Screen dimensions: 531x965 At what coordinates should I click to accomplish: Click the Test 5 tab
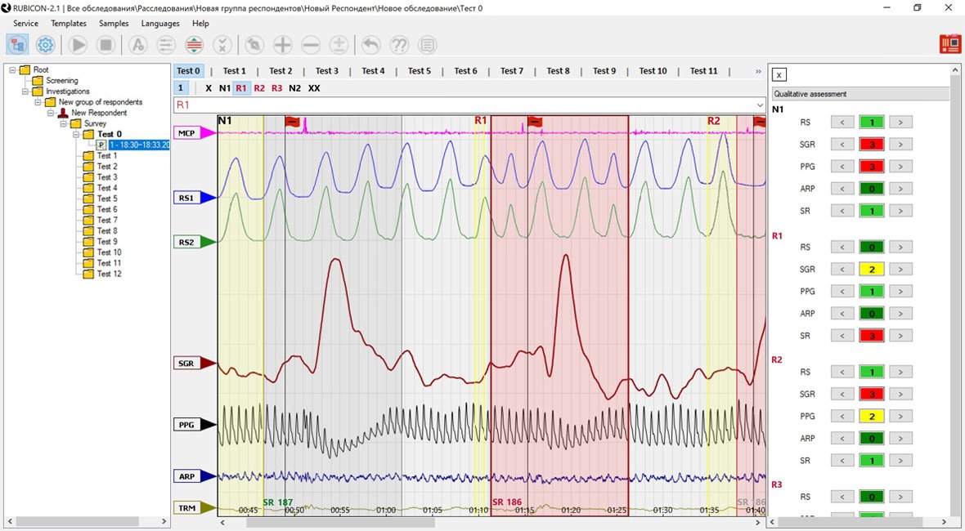click(x=419, y=71)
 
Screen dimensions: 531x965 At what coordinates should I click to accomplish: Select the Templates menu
click(x=69, y=24)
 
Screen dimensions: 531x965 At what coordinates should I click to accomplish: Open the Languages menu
click(x=160, y=24)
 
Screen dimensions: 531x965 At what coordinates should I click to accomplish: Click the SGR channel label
click(x=187, y=364)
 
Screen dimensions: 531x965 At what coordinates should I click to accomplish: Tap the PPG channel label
click(x=187, y=425)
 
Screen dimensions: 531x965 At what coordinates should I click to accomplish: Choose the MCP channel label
click(x=187, y=132)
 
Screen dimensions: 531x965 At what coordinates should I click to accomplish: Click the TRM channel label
click(x=187, y=508)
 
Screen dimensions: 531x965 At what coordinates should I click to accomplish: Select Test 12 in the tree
click(x=109, y=274)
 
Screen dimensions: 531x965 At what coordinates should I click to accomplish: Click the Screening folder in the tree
click(x=62, y=81)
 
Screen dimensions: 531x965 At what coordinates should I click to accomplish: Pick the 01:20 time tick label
click(x=571, y=511)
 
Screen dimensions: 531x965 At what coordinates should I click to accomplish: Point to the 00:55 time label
click(x=340, y=511)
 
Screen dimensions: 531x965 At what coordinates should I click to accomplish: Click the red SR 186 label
click(x=507, y=502)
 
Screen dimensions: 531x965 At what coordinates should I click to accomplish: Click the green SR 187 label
click(x=278, y=502)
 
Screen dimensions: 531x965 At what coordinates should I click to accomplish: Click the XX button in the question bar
click(x=314, y=88)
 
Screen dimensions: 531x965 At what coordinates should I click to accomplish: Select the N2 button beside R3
click(x=294, y=88)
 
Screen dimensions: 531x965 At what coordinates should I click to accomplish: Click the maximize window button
click(x=918, y=7)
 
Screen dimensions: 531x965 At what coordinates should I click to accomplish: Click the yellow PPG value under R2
click(x=872, y=417)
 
